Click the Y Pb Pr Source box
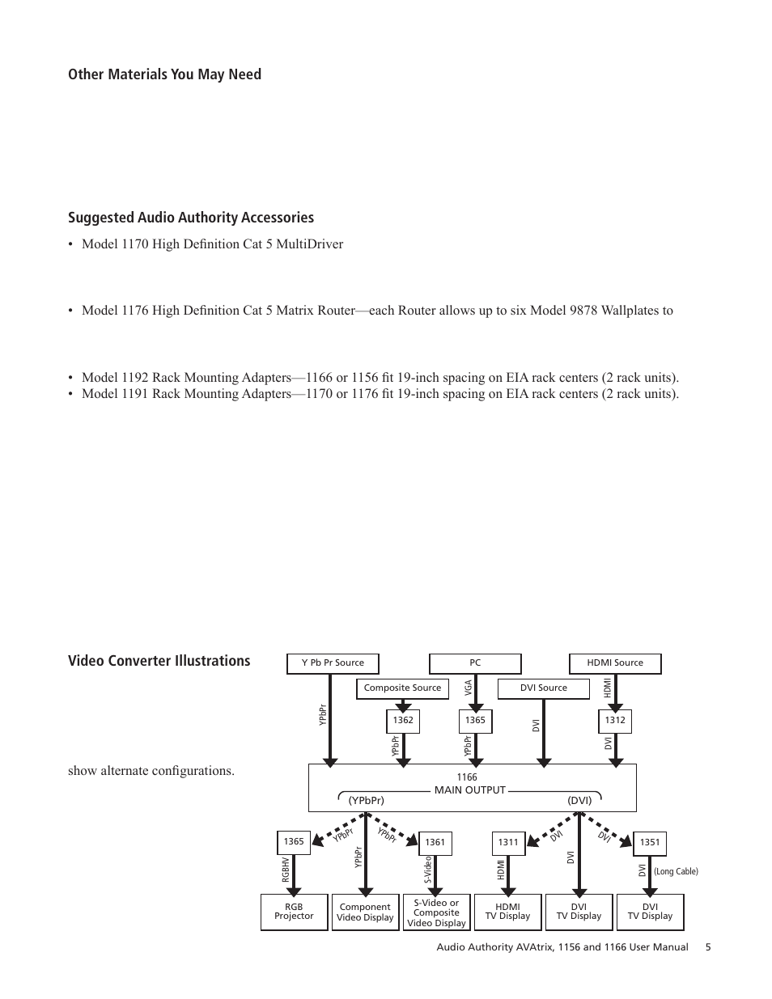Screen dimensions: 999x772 (333, 663)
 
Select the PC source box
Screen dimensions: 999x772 (475, 663)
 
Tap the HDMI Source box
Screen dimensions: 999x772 (615, 663)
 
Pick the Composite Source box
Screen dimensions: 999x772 (402, 688)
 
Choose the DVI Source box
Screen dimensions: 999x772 (543, 688)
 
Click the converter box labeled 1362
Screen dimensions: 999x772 (403, 720)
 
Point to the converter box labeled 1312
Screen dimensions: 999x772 (615, 720)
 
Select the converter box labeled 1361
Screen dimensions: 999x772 (435, 843)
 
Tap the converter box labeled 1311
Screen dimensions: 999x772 (508, 843)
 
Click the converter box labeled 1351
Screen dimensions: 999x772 (650, 843)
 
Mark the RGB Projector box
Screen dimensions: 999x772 (294, 912)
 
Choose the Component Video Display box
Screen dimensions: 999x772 (365, 912)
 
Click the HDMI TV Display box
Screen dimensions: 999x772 (507, 912)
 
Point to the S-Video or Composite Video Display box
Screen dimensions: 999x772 (436, 912)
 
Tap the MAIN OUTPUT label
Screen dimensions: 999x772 (469, 790)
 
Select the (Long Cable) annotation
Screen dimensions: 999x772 (676, 872)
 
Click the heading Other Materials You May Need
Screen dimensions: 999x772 (164, 74)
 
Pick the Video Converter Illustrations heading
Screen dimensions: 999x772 (159, 661)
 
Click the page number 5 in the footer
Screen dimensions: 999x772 (708, 947)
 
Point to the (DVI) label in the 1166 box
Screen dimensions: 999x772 (579, 801)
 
